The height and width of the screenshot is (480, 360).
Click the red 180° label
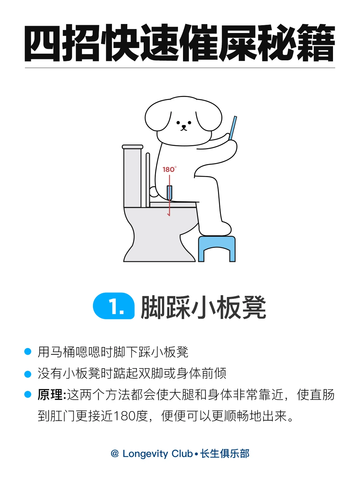coord(169,169)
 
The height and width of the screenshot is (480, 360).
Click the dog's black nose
coord(184,126)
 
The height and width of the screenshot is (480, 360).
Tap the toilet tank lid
coord(132,147)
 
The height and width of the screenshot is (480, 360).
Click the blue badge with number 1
coord(114,306)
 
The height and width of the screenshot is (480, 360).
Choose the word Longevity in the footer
coord(145,454)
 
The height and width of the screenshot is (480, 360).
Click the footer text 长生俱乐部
coord(225,454)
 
